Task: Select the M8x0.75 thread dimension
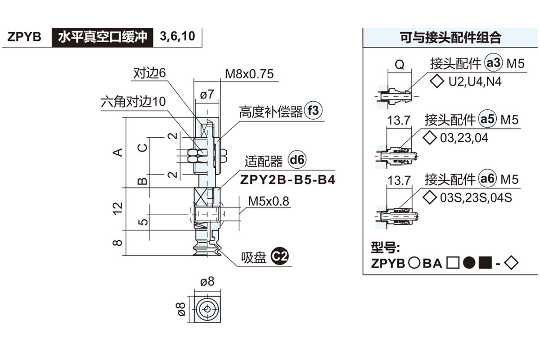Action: (x=249, y=74)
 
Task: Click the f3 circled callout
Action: (x=314, y=111)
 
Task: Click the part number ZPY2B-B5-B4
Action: (x=288, y=180)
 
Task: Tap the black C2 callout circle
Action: (x=280, y=257)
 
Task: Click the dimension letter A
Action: (x=118, y=152)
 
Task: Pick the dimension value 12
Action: (x=118, y=208)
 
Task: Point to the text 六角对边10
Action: (x=133, y=101)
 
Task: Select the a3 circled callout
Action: (x=493, y=63)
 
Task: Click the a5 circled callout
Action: (x=487, y=119)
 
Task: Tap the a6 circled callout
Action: (x=487, y=179)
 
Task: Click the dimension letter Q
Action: (x=399, y=65)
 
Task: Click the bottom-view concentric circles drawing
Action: (x=207, y=309)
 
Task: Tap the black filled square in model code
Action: (x=485, y=263)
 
